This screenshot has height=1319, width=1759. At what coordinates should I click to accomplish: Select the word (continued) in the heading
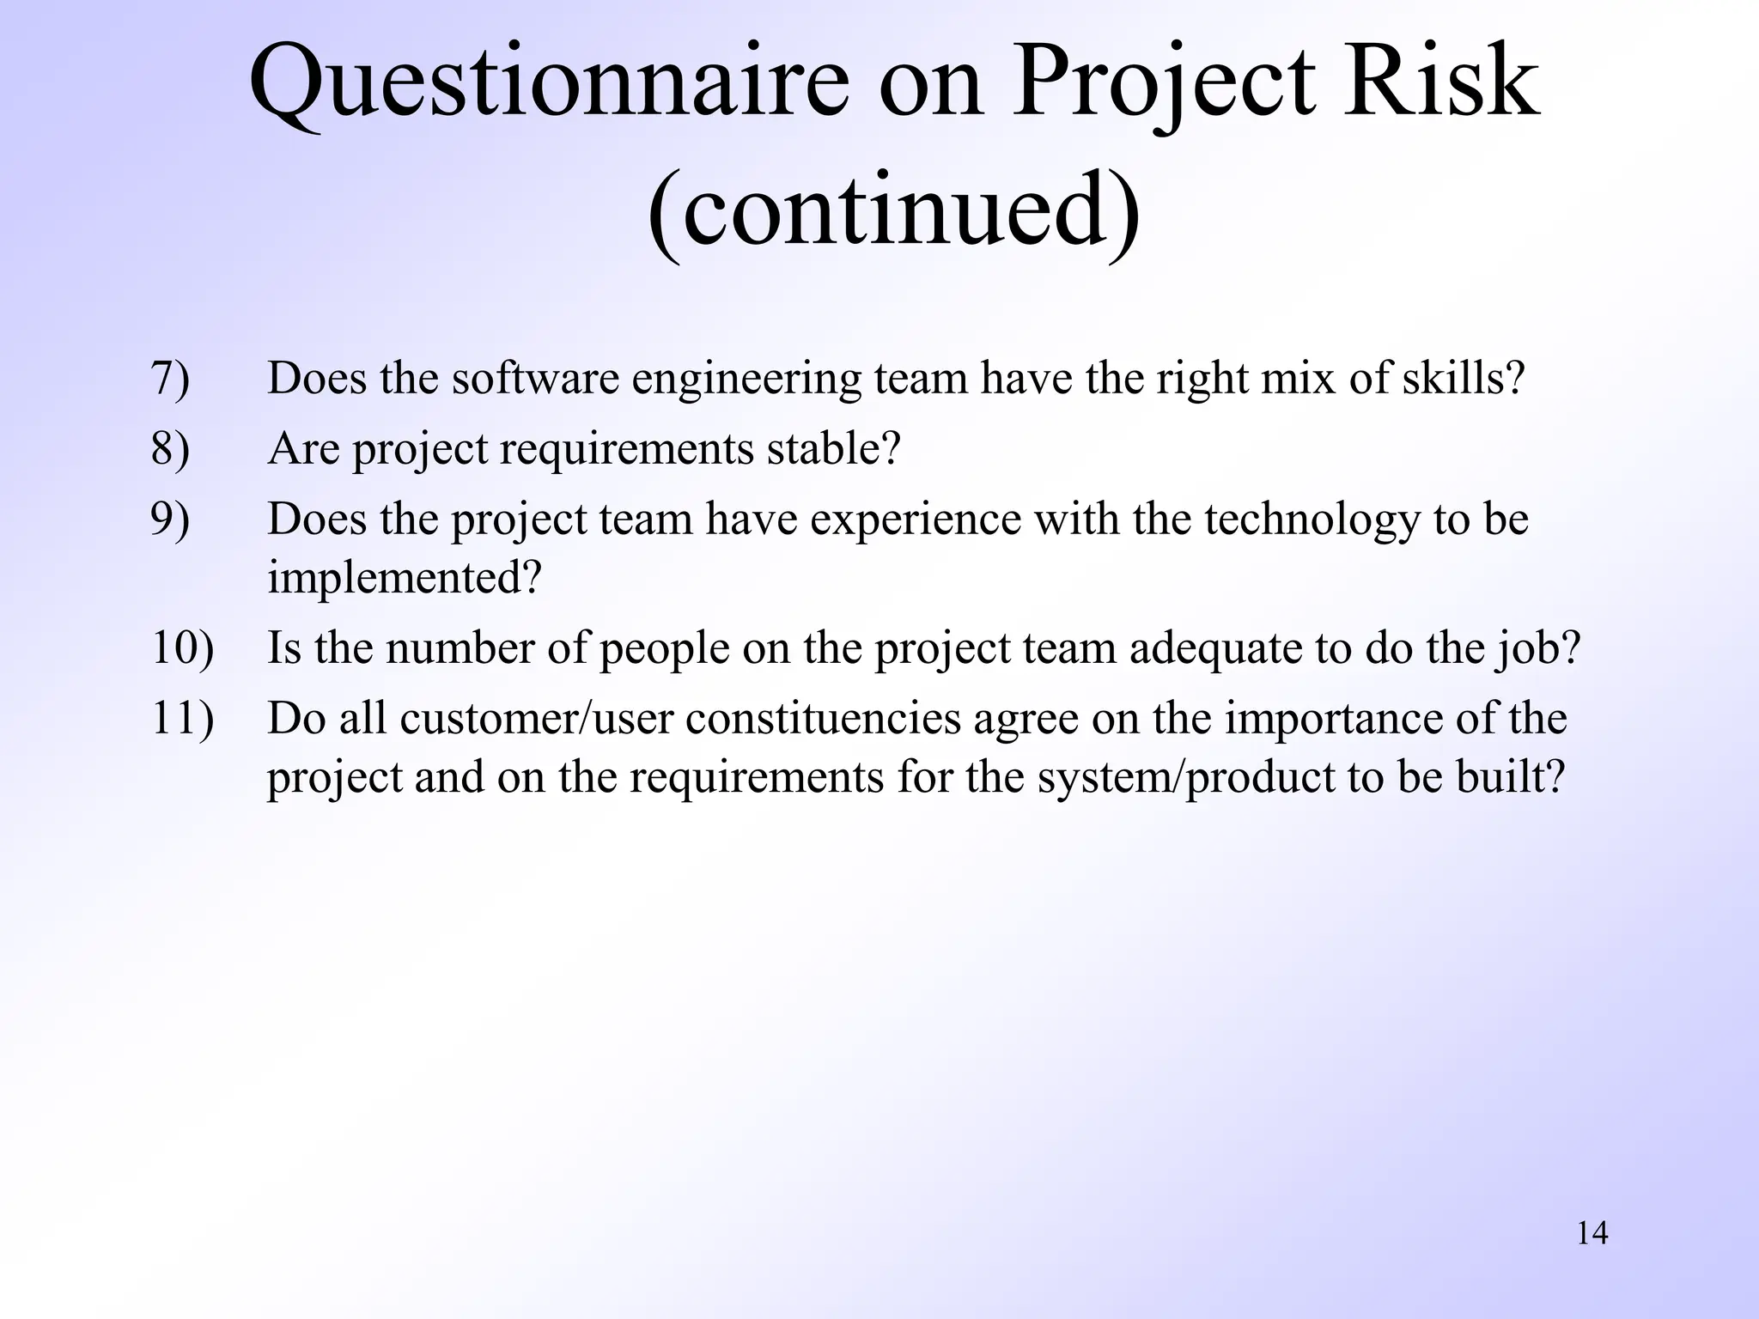tap(893, 210)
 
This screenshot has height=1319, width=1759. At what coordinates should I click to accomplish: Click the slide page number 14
tap(1592, 1233)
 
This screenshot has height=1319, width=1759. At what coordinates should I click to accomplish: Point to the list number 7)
tap(170, 379)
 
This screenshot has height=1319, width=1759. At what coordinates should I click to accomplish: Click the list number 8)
tap(170, 449)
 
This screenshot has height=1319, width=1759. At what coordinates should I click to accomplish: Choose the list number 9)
tap(170, 520)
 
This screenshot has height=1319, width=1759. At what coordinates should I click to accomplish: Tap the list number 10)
tap(182, 648)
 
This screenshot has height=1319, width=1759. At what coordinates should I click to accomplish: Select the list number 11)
tap(182, 719)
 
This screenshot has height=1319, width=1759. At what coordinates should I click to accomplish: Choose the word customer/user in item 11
tap(536, 719)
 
